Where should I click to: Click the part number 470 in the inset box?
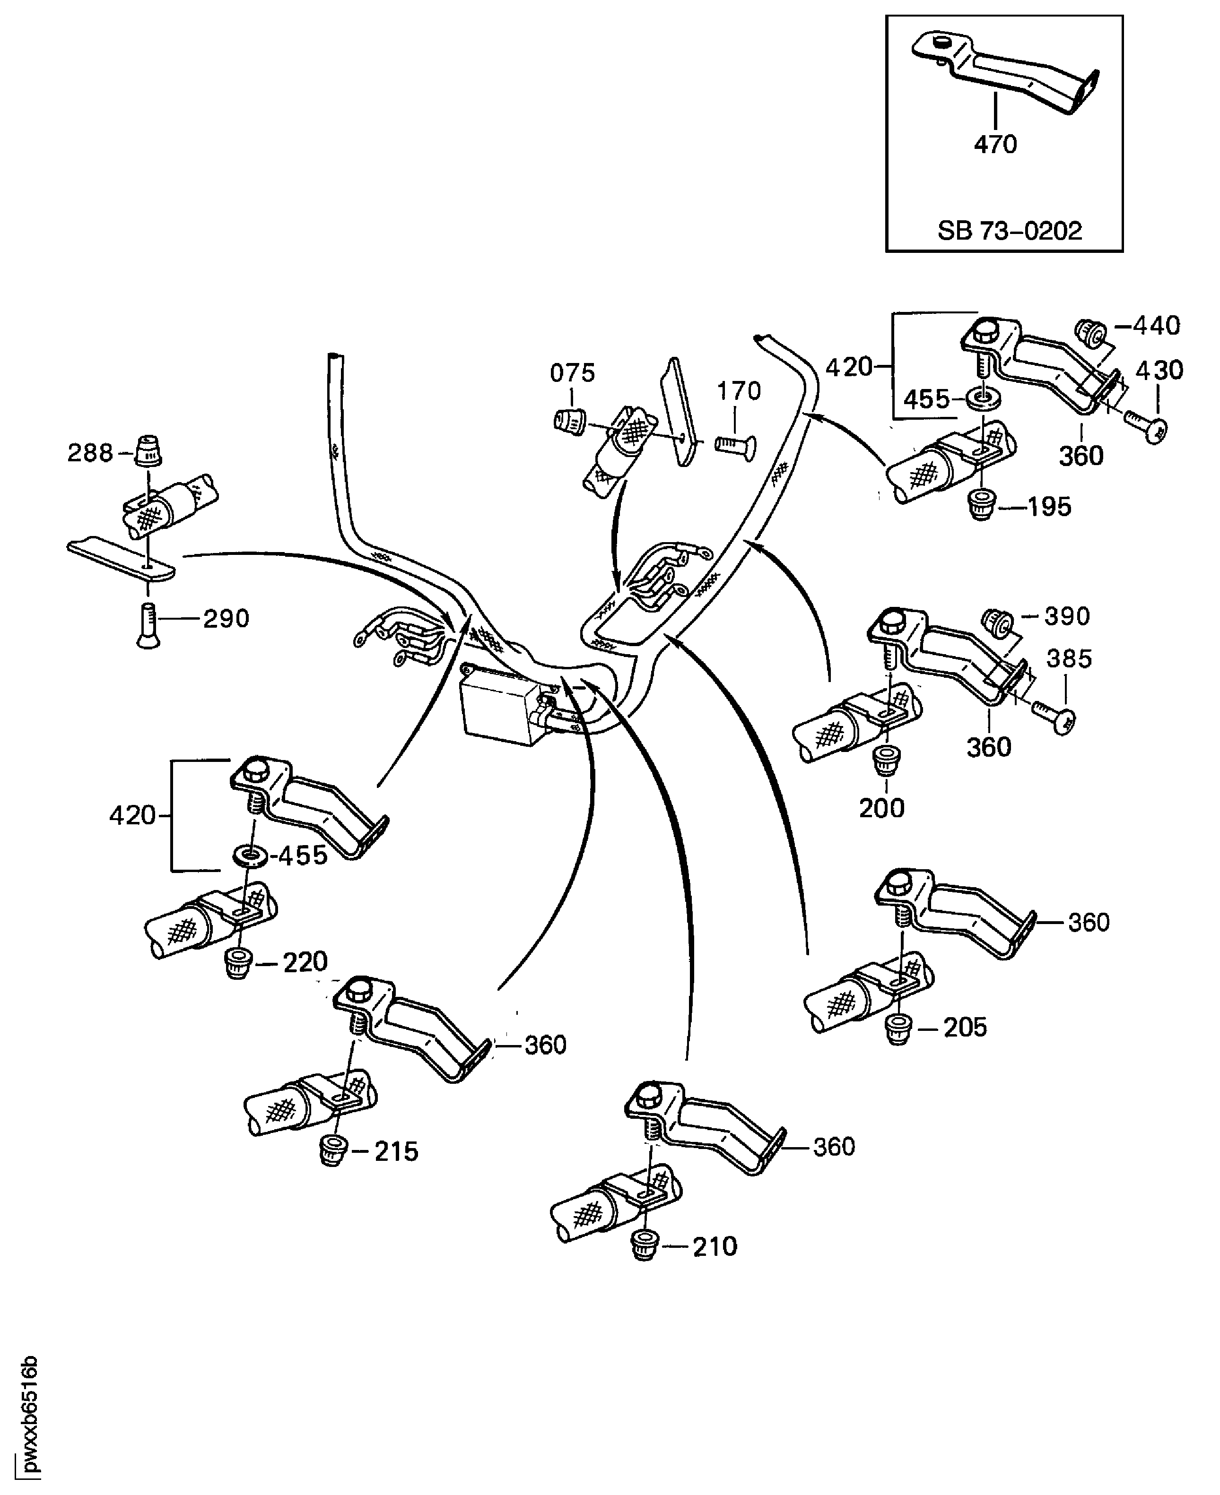(995, 145)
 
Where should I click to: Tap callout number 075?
(572, 373)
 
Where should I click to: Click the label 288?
(89, 453)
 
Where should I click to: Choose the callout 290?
(227, 619)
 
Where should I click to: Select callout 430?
(1159, 370)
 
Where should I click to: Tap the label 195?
(1049, 507)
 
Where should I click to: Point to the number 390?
(1067, 616)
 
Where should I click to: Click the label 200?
(881, 809)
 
